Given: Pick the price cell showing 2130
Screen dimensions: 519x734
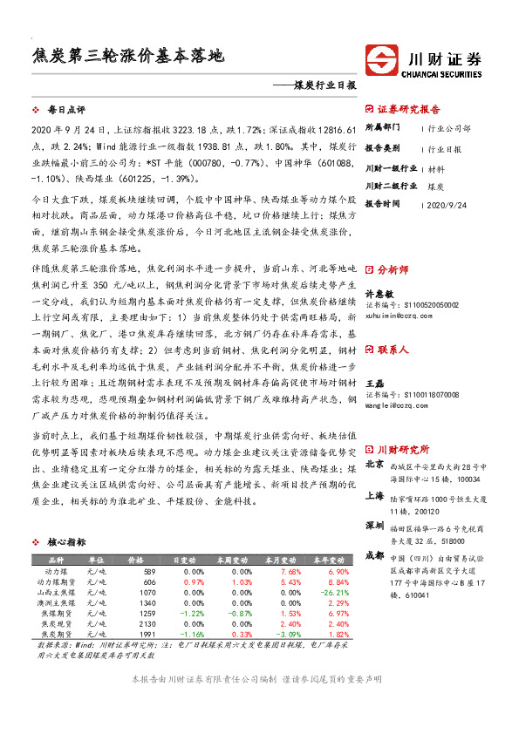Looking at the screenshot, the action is click(x=146, y=625).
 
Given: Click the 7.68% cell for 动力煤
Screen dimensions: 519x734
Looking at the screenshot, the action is click(x=264, y=571).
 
